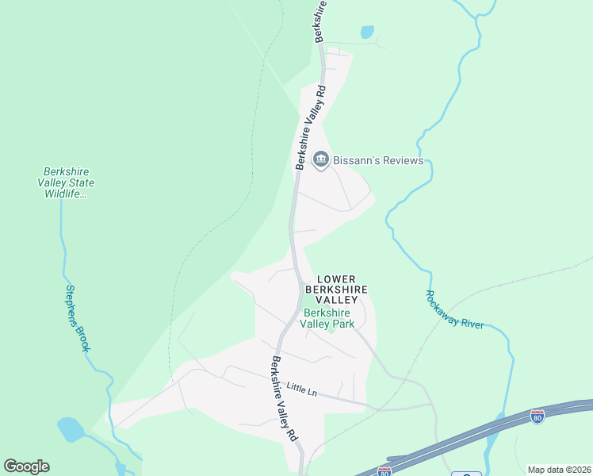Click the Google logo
tap(26, 466)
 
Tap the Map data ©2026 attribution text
tap(559, 470)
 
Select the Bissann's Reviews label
tap(378, 161)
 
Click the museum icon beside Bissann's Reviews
tap(321, 161)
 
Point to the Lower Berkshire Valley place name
tap(342, 290)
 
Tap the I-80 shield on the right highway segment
tap(537, 416)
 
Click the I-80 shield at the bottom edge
tap(384, 472)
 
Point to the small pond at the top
tap(367, 33)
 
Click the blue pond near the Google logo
tap(70, 429)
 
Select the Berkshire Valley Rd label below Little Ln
tap(285, 399)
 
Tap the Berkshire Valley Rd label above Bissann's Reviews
tap(311, 127)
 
